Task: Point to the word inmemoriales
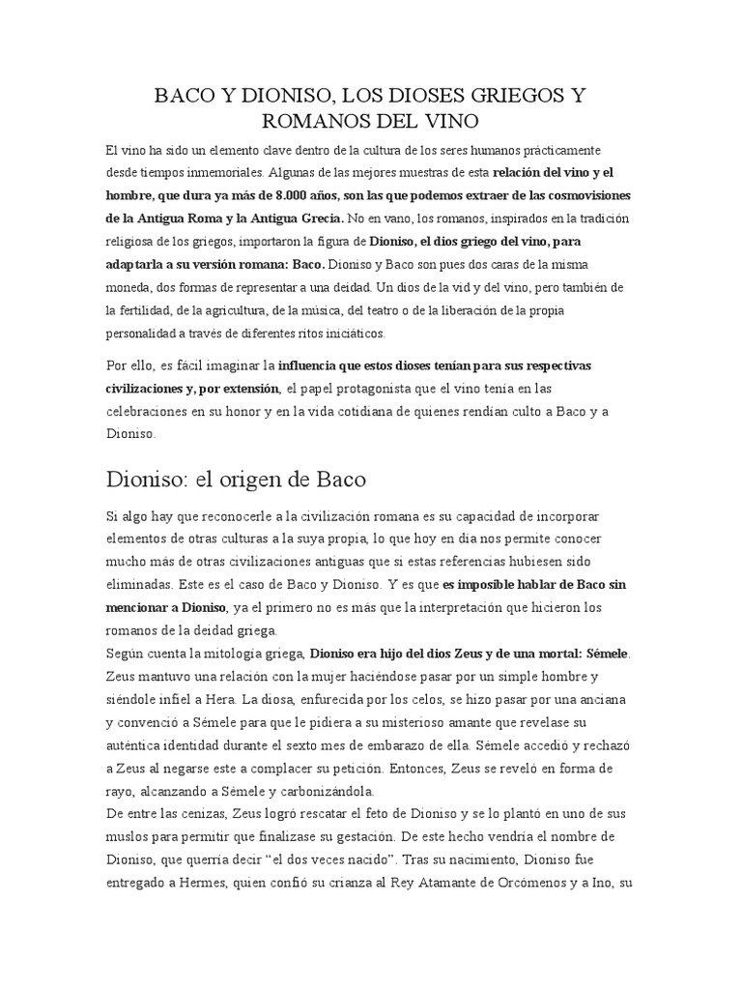tap(237, 173)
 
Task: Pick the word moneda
tap(131, 287)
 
